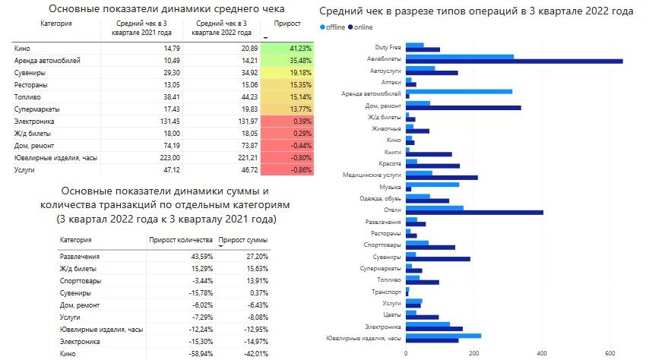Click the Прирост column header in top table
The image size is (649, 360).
coord(287,24)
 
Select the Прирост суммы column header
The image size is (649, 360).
coord(242,241)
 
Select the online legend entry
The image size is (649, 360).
coord(361,27)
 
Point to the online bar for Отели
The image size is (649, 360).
coord(474,212)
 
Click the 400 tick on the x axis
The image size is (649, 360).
coord(542,352)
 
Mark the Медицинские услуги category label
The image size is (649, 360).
coord(373,175)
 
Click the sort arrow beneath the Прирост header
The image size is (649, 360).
coord(265,36)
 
